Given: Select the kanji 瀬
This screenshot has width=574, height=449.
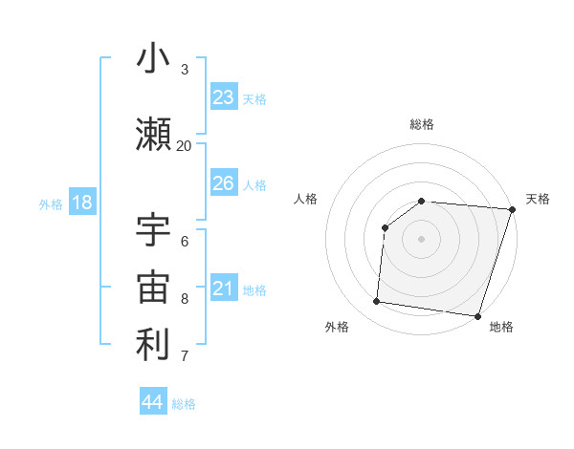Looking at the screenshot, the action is tap(153, 133).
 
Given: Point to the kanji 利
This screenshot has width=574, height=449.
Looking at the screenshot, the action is tap(153, 345).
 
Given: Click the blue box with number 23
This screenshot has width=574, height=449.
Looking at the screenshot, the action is tap(224, 97).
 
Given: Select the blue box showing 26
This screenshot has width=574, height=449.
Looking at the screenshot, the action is tap(224, 183).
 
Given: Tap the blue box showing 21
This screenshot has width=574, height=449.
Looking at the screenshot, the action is tap(224, 289).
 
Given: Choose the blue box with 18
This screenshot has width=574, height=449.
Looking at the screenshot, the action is tap(81, 203).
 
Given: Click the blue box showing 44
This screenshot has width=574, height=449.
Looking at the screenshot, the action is tap(153, 401).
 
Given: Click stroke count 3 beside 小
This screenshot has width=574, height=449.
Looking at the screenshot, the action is tap(184, 69).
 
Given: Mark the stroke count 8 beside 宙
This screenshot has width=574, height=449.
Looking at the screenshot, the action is tap(184, 299).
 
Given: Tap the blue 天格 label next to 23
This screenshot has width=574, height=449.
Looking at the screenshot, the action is tap(254, 99).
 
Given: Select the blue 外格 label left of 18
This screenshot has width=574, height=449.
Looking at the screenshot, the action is tap(51, 203).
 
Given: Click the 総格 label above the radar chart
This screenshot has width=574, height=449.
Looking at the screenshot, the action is tap(422, 124).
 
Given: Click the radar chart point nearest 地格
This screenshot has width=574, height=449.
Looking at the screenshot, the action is tap(477, 316).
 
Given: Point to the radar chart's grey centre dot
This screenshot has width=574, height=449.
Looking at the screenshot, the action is tap(422, 239).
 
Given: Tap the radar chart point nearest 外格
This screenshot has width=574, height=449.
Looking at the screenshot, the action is tap(377, 302).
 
